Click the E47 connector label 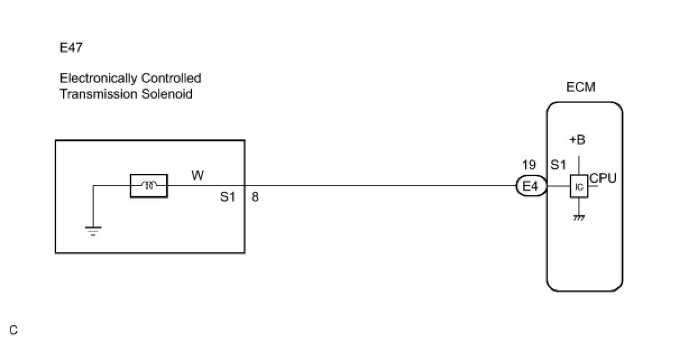pos(71,48)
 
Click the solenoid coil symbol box pos(149,186)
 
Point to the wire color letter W pos(198,176)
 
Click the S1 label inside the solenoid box pos(228,197)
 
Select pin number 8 pos(255,197)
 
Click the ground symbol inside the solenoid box pos(93,230)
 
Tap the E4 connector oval pos(531,187)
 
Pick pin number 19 pos(529,165)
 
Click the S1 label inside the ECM pos(558,165)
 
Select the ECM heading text pos(581,87)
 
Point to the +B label pos(576,140)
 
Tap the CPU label pos(603,178)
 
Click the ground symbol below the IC pos(579,218)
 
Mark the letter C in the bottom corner pos(13,330)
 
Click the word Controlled pos(171,78)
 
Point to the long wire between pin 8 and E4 pos(382,186)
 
